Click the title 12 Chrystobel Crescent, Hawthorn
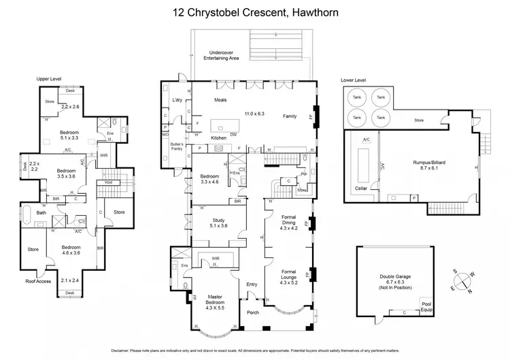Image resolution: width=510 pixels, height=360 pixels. (x=254, y=12)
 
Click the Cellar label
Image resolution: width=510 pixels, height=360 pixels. (x=360, y=188)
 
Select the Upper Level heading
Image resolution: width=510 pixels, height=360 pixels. (x=49, y=80)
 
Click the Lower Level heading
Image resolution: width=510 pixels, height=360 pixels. (x=354, y=80)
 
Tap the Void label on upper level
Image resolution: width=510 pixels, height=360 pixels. (x=107, y=182)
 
